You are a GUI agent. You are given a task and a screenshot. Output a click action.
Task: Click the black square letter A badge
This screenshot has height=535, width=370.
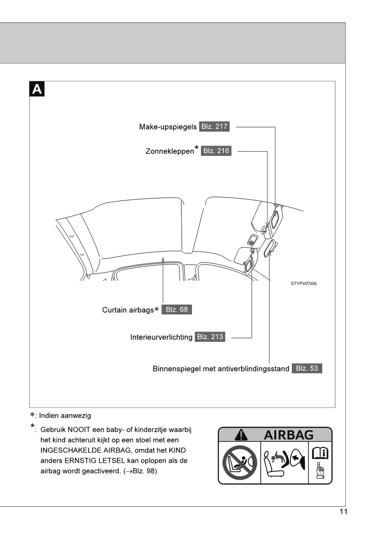pos(37,89)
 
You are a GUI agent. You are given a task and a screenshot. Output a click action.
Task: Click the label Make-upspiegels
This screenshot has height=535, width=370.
pos(168,127)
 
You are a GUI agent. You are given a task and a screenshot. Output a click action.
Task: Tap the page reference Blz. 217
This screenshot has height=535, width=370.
pos(214,127)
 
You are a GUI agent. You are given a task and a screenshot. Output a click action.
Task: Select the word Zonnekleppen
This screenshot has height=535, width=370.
pos(169,151)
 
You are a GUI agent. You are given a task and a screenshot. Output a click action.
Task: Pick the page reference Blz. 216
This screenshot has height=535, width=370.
pos(216,151)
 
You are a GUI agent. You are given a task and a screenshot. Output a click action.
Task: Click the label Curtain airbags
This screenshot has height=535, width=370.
pos(129,310)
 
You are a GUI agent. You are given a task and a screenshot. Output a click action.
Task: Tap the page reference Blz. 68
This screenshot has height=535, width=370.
pos(177,310)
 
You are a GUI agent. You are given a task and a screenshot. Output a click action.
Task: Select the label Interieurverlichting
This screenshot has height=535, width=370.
pos(161,337)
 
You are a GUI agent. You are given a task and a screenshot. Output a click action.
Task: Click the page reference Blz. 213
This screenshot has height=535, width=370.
pos(210,336)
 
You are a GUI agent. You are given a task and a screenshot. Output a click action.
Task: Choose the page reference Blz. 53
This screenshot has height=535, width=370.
pos(307,368)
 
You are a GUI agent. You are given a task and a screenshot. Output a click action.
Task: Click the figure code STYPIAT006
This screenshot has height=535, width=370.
pos(304,283)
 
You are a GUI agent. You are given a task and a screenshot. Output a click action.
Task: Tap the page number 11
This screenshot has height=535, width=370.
pos(343,512)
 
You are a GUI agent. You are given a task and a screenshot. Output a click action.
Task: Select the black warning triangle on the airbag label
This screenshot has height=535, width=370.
pos(241,434)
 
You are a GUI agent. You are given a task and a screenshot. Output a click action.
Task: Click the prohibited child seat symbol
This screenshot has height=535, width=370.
pos(239,462)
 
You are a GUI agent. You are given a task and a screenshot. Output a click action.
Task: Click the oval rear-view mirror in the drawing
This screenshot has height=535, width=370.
pos(270,248)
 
